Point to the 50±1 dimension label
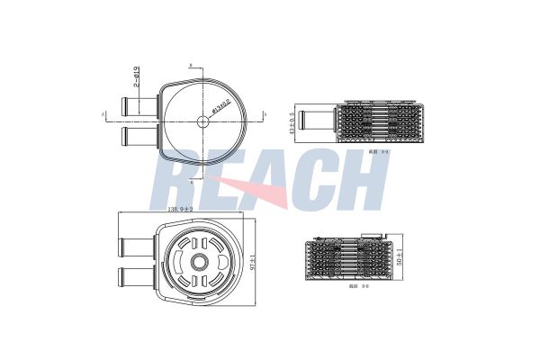[x=400, y=261]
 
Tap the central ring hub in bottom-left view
[x=198, y=262]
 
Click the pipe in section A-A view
[x=317, y=117]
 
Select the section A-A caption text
[x=355, y=153]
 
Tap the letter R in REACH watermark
[x=181, y=180]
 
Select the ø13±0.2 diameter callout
[x=220, y=107]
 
